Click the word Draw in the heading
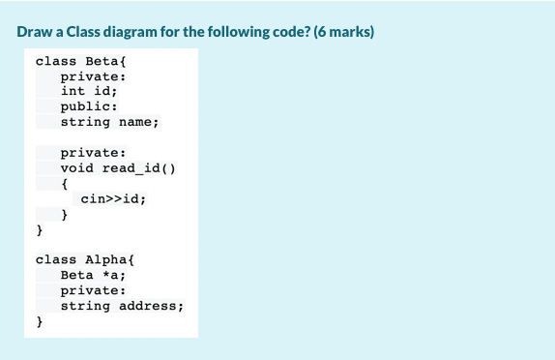[x=34, y=32]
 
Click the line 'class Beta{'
[x=74, y=61]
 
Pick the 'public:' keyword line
[x=89, y=106]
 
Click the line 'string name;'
[x=109, y=122]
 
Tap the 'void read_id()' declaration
[x=117, y=167]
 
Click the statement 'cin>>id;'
[x=113, y=198]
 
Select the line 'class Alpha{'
[x=78, y=259]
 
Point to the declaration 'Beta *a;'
[x=93, y=275]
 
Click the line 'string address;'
[x=122, y=306]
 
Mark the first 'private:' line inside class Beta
[x=93, y=76]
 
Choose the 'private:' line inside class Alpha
[x=93, y=290]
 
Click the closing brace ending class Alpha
[x=40, y=321]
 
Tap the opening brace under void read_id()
[x=64, y=183]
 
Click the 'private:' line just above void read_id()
[x=93, y=153]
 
